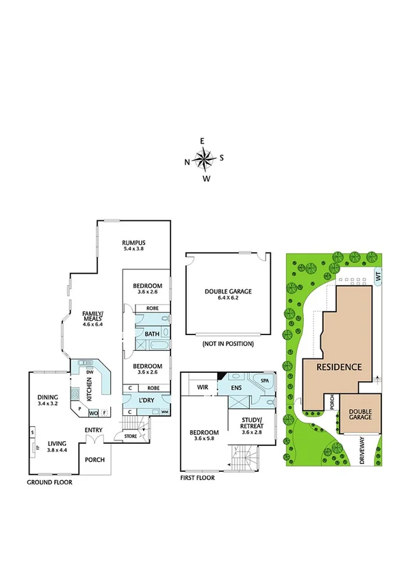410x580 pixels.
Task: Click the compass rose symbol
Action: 204,160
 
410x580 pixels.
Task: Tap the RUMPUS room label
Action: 135,243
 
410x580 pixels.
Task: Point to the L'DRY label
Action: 146,400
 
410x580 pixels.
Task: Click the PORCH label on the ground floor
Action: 94,460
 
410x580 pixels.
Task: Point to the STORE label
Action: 130,436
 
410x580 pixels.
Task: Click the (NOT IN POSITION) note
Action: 229,343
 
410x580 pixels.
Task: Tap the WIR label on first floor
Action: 203,387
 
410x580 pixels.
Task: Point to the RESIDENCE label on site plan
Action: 338,367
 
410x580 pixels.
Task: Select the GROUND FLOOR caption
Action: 49,482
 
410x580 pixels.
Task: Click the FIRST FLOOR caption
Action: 198,478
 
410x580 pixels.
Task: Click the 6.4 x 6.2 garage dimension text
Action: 229,298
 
